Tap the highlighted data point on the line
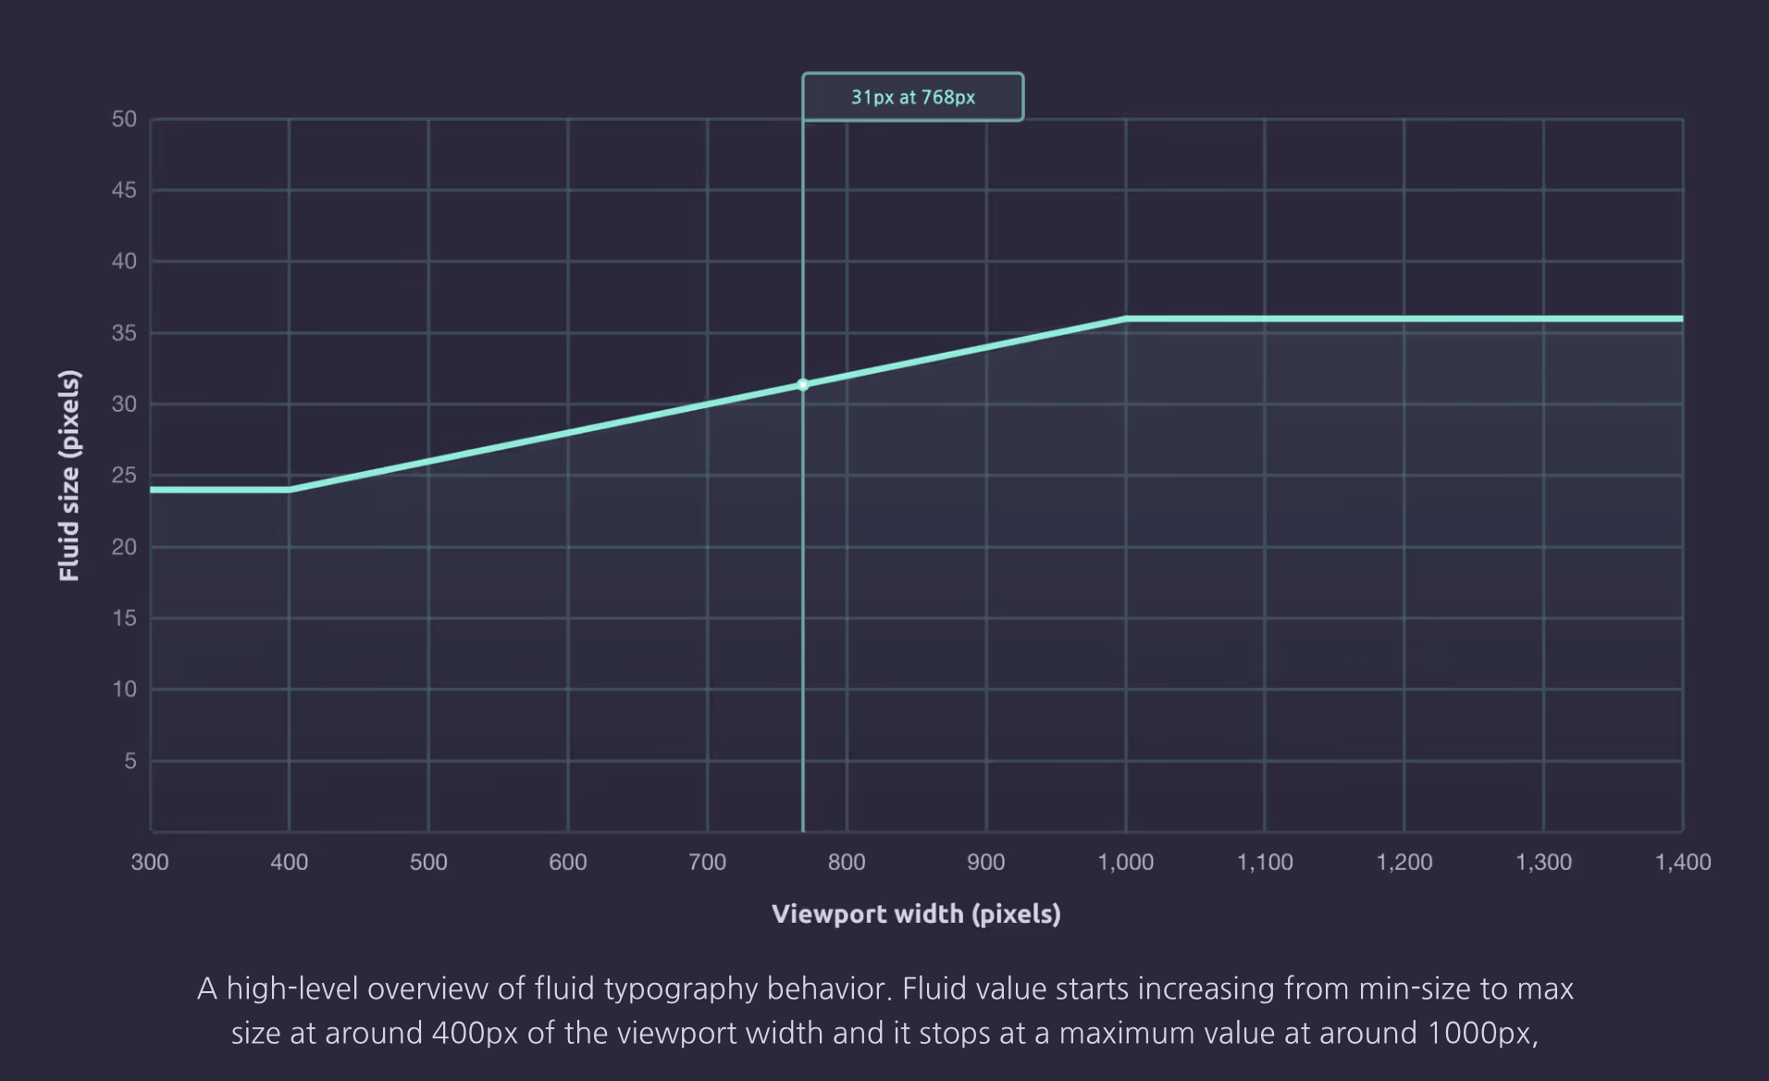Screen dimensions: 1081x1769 pos(802,385)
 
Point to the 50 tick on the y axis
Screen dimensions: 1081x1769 pos(124,119)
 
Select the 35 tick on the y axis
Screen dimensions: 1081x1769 pos(124,333)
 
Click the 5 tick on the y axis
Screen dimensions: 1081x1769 pos(130,761)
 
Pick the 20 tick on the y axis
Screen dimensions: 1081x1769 pos(124,547)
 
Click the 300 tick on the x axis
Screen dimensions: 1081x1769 pos(150,863)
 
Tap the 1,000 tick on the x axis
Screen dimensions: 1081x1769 pos(1125,863)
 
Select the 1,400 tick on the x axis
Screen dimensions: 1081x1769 pos(1682,863)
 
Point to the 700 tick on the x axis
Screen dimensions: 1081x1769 pos(707,863)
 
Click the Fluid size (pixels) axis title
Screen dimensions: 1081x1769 pos(69,476)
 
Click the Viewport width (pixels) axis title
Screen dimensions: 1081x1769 pos(916,914)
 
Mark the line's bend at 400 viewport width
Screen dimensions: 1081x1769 pos(290,490)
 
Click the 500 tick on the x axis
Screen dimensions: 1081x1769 pos(428,863)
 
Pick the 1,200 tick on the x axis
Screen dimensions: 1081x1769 pos(1404,863)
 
